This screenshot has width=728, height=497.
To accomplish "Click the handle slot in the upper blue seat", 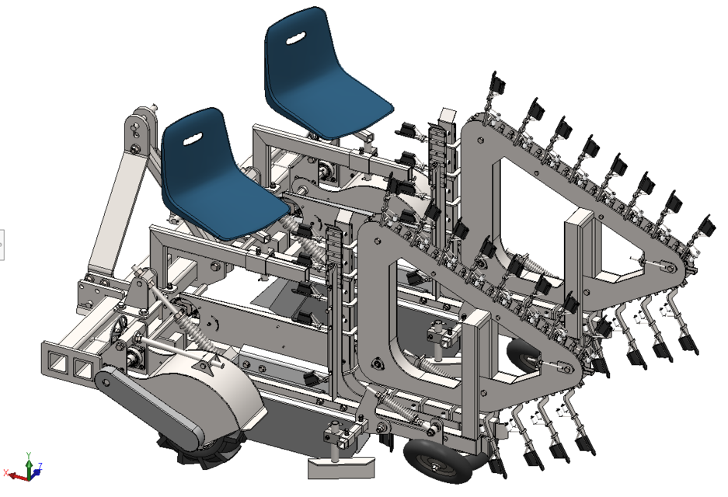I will (x=294, y=38).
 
